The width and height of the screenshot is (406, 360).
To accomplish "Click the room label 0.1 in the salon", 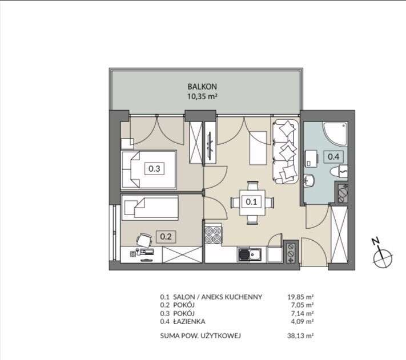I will [x=251, y=201].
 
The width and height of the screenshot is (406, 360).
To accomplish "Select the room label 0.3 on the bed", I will [x=154, y=168].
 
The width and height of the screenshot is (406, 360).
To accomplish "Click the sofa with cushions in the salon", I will [x=286, y=152].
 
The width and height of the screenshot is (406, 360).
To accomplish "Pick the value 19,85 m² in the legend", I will [x=300, y=297].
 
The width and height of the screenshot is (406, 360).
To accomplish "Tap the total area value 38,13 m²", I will [x=300, y=335].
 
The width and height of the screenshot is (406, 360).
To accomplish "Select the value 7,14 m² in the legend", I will [x=302, y=313].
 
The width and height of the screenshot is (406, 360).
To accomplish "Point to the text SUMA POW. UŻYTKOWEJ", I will [x=200, y=335].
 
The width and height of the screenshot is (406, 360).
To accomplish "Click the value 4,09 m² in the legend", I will [x=302, y=321].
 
